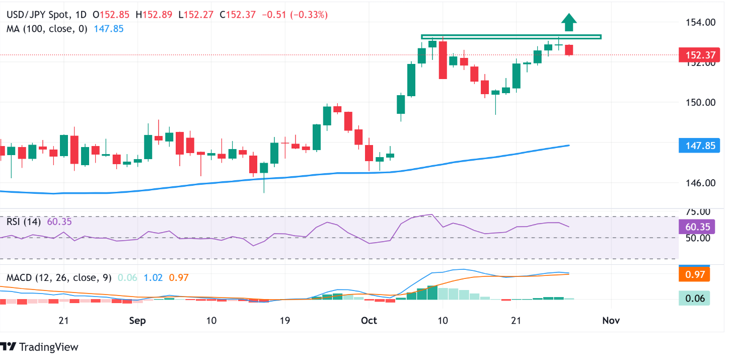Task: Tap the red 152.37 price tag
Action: [x=694, y=54]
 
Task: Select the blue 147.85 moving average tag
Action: [x=694, y=146]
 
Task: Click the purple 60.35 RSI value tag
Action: [x=694, y=227]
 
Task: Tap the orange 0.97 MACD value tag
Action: [x=694, y=275]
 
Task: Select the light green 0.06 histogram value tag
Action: [x=694, y=299]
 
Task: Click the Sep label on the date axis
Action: [x=137, y=321]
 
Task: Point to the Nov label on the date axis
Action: [x=611, y=321]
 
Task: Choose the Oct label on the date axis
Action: [x=369, y=321]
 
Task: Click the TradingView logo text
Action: [x=48, y=347]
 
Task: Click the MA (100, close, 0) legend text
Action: [x=47, y=29]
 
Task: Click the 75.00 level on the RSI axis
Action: [x=698, y=212]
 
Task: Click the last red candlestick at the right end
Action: [x=569, y=50]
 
